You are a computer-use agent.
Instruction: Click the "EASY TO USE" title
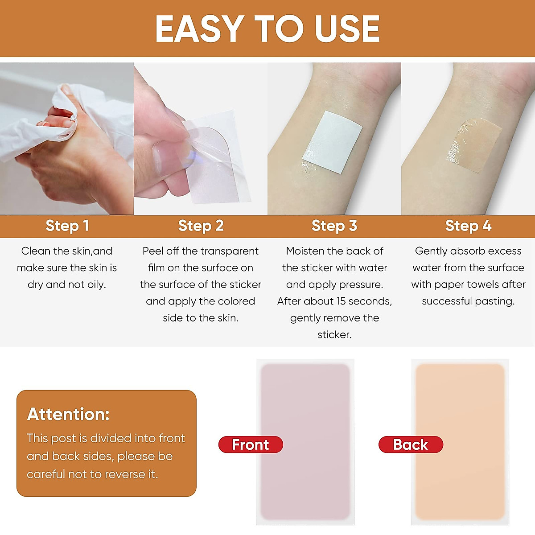(x=267, y=29)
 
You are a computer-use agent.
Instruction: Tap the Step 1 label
(x=67, y=226)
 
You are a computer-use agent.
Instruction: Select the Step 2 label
(x=201, y=226)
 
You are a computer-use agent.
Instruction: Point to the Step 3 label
(x=334, y=226)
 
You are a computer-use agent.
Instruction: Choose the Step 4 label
(x=468, y=226)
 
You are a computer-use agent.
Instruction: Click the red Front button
(x=251, y=444)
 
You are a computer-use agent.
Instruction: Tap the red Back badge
(x=411, y=444)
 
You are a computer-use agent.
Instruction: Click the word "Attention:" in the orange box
(x=68, y=414)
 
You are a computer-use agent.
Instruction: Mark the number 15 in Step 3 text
(x=341, y=301)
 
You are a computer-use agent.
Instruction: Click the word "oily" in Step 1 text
(x=95, y=285)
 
